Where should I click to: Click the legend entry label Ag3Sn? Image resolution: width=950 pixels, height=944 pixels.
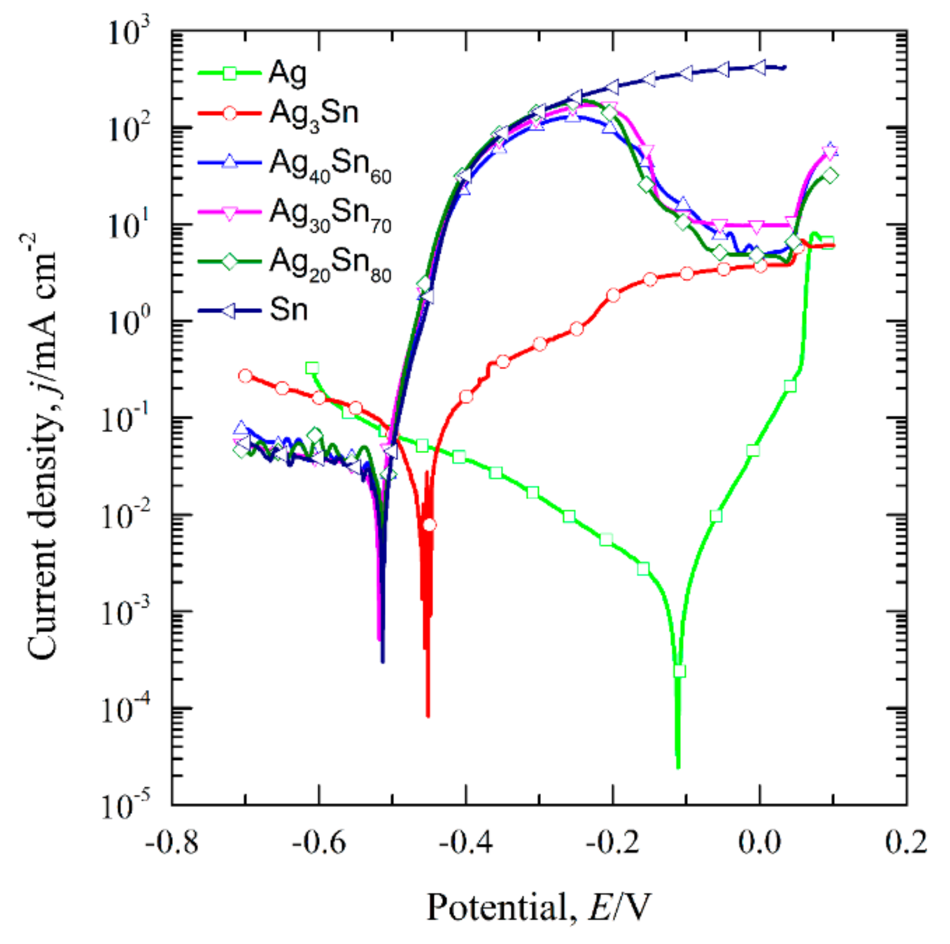pos(313,114)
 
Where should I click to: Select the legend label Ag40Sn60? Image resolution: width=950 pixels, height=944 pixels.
pos(330,165)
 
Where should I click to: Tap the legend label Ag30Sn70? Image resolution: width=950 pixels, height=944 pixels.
pos(330,214)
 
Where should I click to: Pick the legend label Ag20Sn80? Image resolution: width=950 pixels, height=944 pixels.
pos(330,263)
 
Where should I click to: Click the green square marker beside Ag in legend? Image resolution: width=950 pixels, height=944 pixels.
pos(230,73)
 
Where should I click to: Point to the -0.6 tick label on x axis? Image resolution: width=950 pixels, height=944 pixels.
pos(318,842)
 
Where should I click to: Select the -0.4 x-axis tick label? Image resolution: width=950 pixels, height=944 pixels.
pos(465,842)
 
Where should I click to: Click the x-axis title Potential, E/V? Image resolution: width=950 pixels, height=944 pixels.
pos(538,908)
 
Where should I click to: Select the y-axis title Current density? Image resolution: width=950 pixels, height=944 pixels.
pos(42,445)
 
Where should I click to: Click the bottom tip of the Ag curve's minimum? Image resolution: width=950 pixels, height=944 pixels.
pos(678,767)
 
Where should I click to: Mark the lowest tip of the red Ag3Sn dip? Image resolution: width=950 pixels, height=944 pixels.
pos(428,716)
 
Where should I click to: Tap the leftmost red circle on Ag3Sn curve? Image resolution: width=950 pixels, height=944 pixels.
pos(245,376)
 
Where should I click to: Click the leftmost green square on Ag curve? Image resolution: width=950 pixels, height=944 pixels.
pos(312,368)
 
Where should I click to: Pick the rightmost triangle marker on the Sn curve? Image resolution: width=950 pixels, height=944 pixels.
pos(759,68)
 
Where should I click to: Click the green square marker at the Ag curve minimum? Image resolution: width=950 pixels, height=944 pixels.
pos(680,671)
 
